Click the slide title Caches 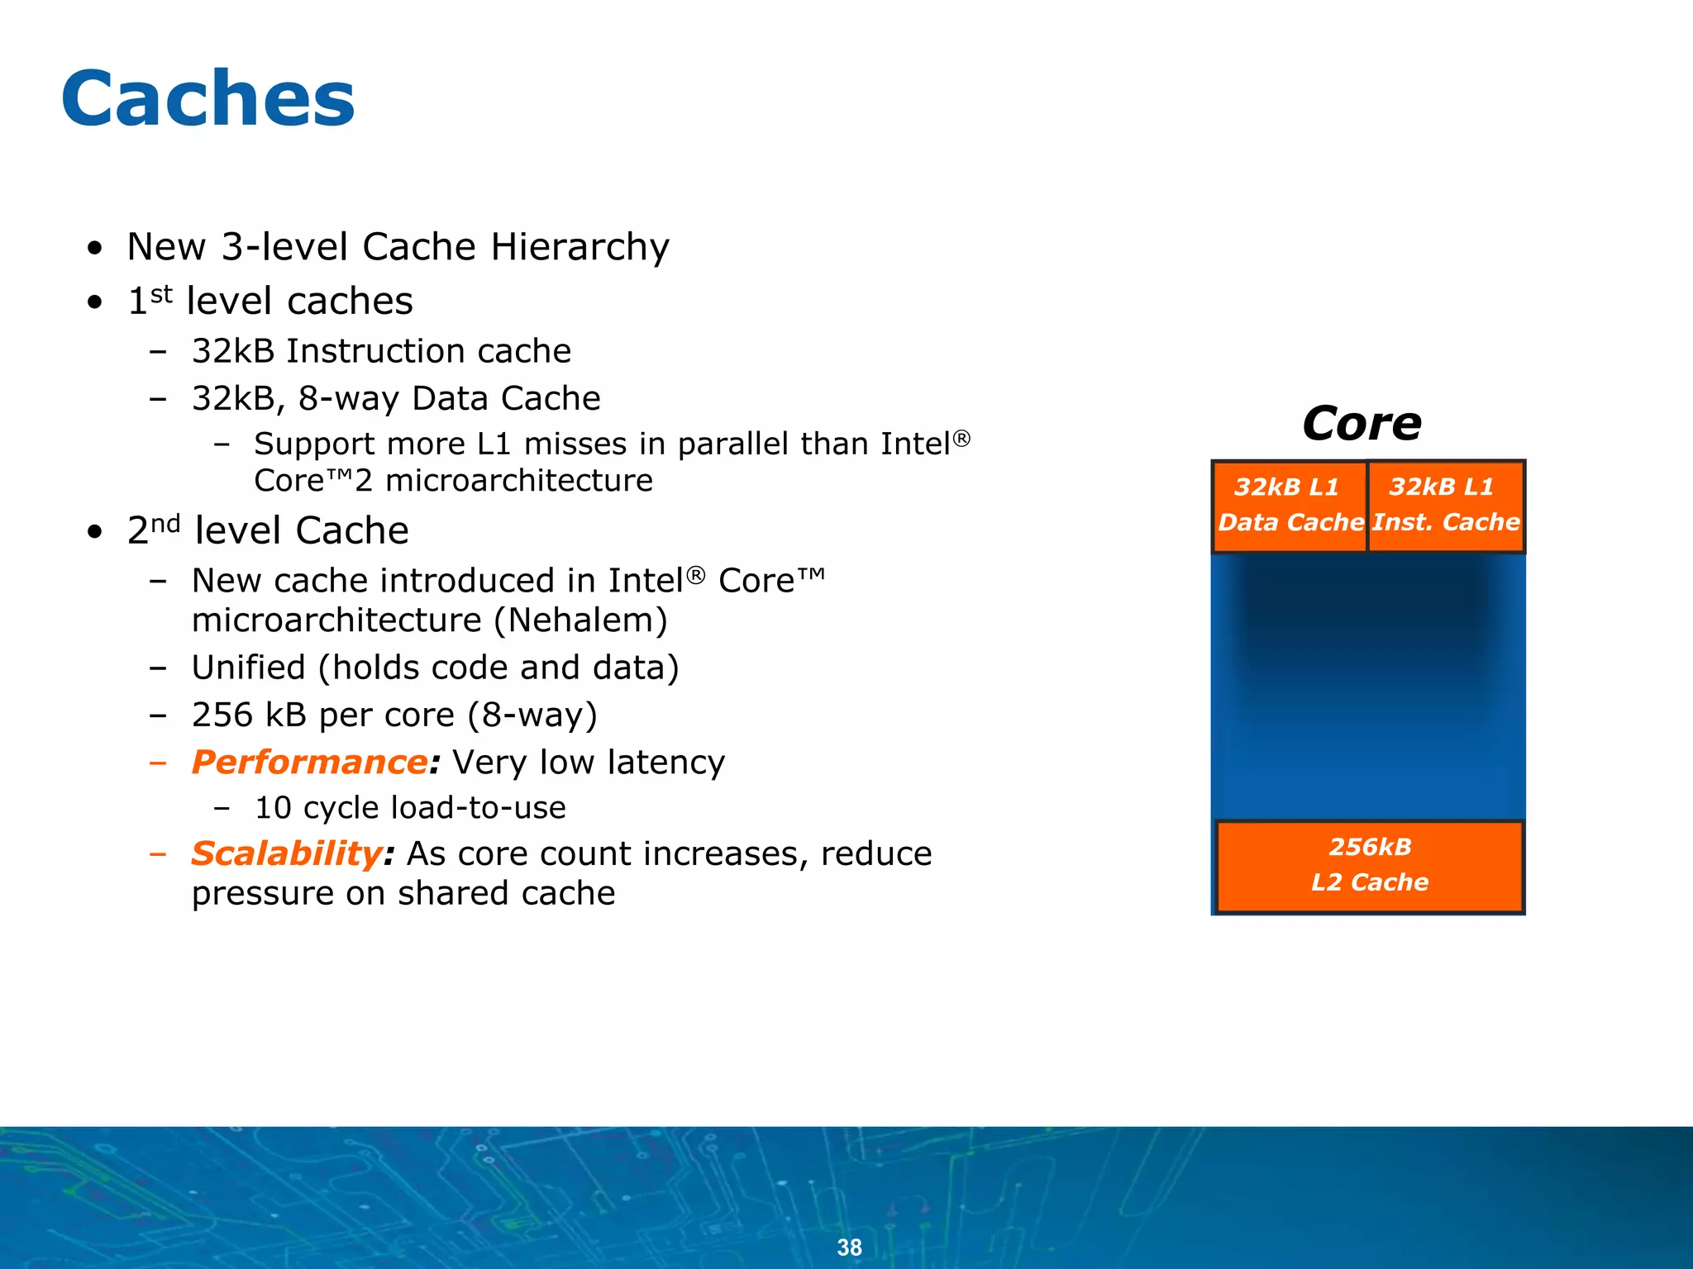[x=208, y=99]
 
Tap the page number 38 [x=849, y=1247]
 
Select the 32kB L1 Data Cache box [x=1290, y=506]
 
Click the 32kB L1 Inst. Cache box [x=1445, y=506]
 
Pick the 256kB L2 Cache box [x=1369, y=866]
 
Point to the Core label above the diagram [x=1362, y=424]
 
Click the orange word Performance [x=309, y=762]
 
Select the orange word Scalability [x=286, y=853]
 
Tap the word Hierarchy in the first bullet [x=579, y=247]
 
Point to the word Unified [x=248, y=668]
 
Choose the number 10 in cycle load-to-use [x=272, y=808]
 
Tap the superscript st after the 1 [x=161, y=293]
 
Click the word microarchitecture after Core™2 [x=518, y=481]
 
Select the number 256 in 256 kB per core [x=222, y=715]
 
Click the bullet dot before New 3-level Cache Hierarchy [x=95, y=248]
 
